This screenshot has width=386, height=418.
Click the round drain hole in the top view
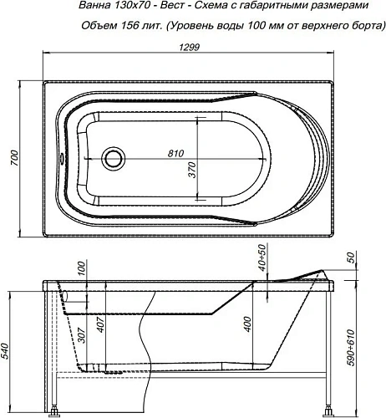[112, 158]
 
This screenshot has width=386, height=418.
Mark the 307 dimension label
[81, 335]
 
